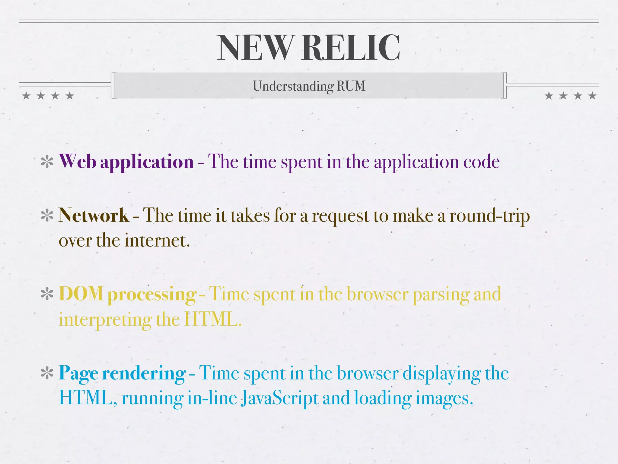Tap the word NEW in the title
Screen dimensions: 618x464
(x=255, y=48)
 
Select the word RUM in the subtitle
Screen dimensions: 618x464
(x=351, y=86)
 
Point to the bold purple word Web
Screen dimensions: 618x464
(x=78, y=161)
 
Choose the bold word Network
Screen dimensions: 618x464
(x=94, y=215)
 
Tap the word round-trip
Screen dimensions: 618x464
(x=489, y=216)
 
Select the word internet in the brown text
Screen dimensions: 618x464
(x=157, y=241)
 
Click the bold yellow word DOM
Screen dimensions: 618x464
(x=81, y=294)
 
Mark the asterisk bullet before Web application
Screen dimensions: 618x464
(x=47, y=162)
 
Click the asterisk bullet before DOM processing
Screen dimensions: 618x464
(x=47, y=294)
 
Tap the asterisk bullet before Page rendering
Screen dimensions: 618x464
(x=47, y=373)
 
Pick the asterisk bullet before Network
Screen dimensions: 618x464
(x=47, y=216)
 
